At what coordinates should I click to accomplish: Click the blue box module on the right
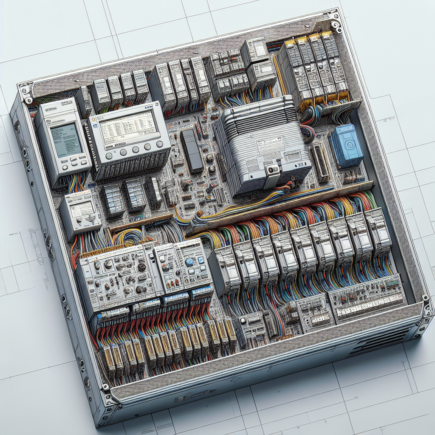[x=346, y=146]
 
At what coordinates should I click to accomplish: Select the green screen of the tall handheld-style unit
[x=65, y=140]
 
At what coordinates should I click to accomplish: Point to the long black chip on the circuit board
[x=191, y=151]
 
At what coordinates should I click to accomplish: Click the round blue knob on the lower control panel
[x=189, y=262]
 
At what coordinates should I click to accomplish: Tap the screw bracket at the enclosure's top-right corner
[x=336, y=25]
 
